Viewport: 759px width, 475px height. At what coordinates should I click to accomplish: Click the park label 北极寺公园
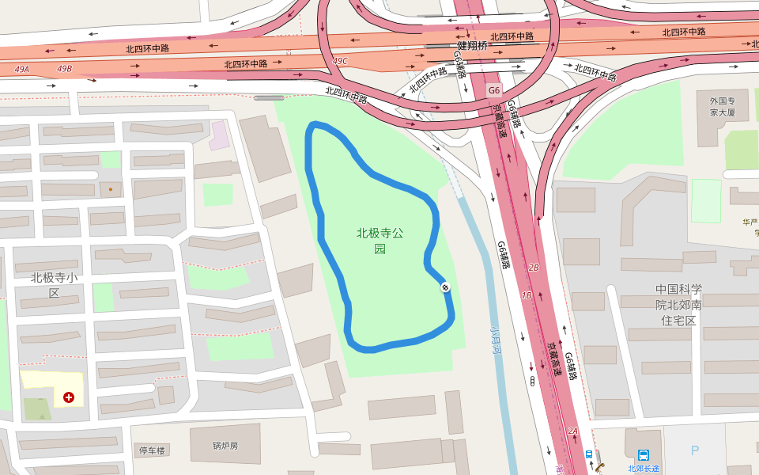tap(380, 241)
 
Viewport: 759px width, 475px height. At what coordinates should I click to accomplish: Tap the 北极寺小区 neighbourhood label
tap(54, 285)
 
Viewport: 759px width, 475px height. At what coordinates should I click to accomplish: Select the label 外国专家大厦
tap(722, 107)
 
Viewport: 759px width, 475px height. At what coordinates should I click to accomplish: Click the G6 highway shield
tap(494, 89)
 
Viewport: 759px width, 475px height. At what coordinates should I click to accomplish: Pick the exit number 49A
tap(21, 69)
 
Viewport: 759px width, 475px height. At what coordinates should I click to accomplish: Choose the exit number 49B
tap(64, 69)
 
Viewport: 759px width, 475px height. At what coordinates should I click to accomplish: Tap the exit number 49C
tap(340, 61)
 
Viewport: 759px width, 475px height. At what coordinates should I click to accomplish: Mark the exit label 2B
tap(533, 268)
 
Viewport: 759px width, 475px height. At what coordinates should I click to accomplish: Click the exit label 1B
tap(527, 295)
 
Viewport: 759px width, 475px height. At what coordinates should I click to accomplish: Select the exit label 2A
tap(573, 431)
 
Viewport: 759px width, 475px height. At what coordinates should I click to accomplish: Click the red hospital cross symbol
tap(69, 397)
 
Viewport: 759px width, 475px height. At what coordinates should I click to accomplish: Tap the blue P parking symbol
tap(695, 450)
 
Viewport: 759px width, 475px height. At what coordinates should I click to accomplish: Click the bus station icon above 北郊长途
tap(644, 454)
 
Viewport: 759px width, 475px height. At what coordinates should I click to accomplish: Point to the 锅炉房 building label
tap(225, 446)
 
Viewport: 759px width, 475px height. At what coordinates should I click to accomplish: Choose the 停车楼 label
tap(152, 450)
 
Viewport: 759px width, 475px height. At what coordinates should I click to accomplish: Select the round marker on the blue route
tap(445, 287)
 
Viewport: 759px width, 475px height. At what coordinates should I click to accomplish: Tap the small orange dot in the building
tap(110, 189)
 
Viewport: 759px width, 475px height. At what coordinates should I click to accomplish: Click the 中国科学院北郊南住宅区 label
tap(678, 305)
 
